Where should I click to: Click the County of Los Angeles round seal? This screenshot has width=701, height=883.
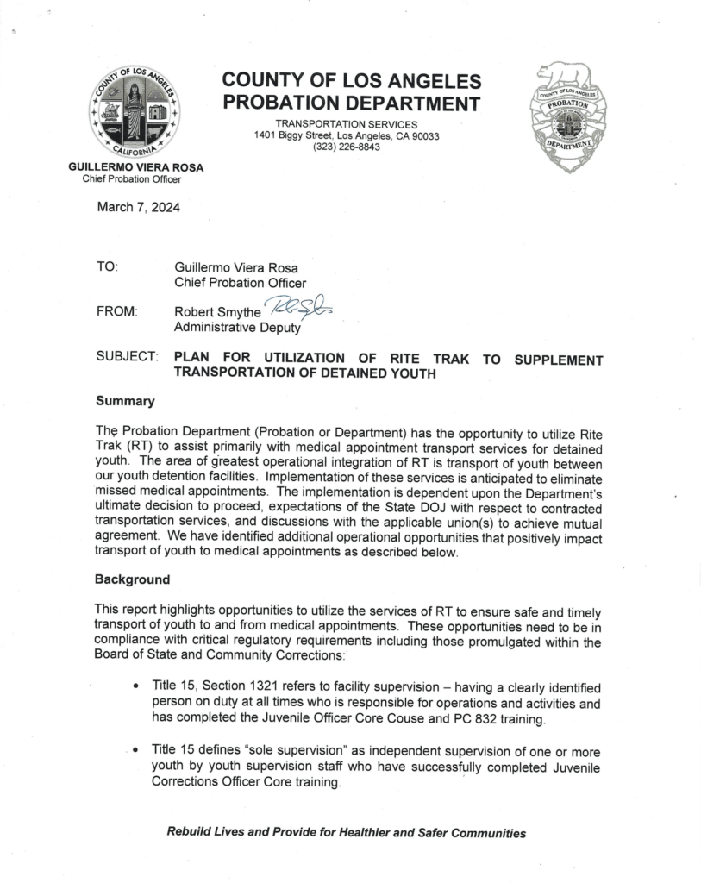point(134,110)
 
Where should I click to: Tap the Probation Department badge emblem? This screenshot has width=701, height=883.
point(567,116)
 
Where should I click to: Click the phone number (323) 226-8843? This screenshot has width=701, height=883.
point(346,147)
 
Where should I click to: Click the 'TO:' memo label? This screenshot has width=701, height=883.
point(107,267)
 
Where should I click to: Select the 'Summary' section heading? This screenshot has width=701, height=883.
point(125,401)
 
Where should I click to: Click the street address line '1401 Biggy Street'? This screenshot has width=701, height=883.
point(346,136)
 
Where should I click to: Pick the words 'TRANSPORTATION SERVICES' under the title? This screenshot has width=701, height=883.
point(346,125)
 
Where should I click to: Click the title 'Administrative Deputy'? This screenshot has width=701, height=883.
point(237,327)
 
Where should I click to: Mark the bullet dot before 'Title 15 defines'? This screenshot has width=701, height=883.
point(137,753)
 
